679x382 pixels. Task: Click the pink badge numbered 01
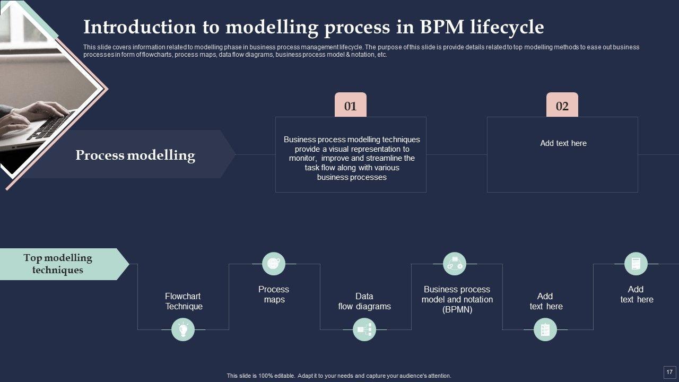pos(351,105)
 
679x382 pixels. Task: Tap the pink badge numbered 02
pos(562,105)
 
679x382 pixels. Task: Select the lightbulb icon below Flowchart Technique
pos(183,329)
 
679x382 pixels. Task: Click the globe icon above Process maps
pos(273,264)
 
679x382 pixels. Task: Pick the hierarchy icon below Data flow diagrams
pos(364,329)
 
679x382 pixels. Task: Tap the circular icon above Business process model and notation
pos(455,264)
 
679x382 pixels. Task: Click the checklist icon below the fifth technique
pos(545,329)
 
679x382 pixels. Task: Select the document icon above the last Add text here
pos(636,264)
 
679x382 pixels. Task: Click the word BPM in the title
pos(442,27)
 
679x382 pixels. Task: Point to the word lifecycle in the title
pos(507,27)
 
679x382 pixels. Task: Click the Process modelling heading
pos(135,155)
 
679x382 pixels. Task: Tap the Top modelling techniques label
pos(58,264)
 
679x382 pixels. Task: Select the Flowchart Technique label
pos(184,301)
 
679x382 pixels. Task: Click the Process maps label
pos(274,294)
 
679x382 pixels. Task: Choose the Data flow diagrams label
pos(364,301)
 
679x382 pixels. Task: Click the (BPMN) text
pos(457,309)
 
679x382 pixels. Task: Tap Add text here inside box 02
pos(563,143)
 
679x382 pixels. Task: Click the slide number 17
pos(669,372)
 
